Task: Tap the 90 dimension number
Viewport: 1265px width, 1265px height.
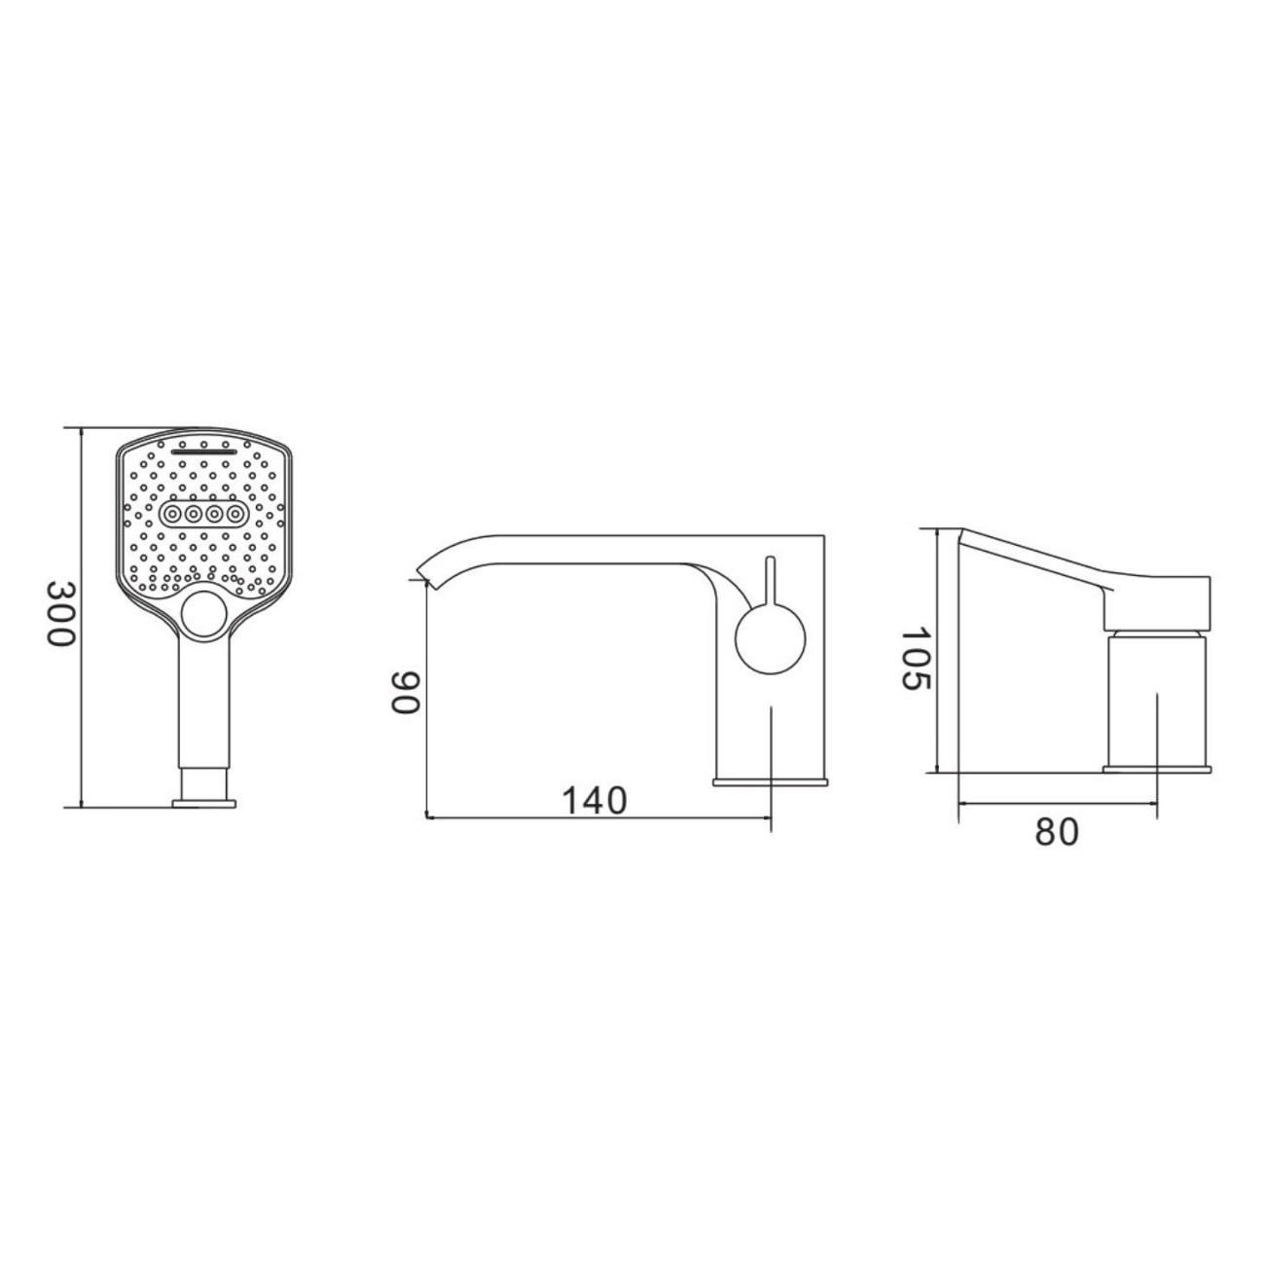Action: click(405, 693)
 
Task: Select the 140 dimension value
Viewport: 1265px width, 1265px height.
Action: click(596, 800)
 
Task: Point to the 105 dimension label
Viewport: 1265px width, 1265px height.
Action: click(915, 659)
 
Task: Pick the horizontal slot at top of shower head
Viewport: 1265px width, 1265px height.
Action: click(204, 452)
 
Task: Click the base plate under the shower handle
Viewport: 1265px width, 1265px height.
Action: click(204, 803)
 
